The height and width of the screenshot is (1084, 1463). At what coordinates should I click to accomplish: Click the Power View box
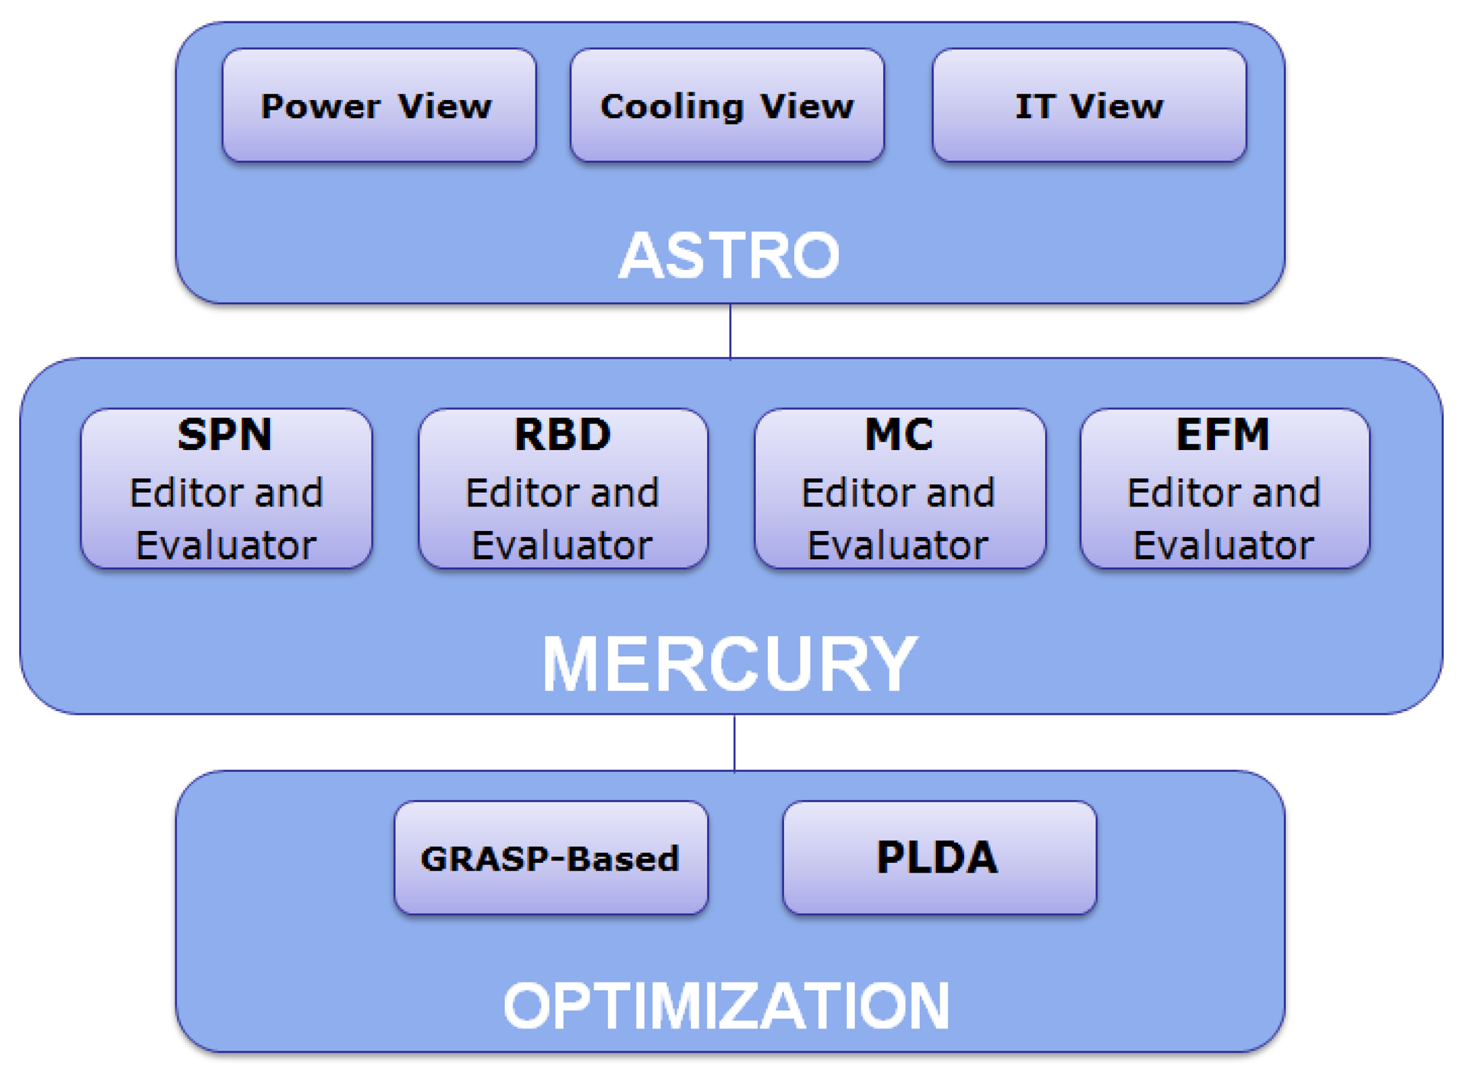378,105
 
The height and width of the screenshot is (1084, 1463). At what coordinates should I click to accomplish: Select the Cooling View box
726,105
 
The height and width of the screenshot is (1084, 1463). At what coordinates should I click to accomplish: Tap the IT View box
1088,105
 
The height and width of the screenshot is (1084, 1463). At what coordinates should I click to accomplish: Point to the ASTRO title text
728,256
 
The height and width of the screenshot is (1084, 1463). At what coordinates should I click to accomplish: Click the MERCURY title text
728,664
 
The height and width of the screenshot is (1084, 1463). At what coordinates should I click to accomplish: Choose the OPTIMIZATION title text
726,1005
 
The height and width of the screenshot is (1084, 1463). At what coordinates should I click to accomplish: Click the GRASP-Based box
550,857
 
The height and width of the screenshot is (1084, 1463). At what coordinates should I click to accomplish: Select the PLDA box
938,857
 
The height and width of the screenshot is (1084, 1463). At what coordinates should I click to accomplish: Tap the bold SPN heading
225,435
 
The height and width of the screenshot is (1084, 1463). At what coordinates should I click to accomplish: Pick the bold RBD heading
562,435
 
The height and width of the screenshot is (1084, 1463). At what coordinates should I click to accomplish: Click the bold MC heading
899,435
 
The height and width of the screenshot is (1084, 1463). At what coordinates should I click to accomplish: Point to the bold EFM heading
1223,435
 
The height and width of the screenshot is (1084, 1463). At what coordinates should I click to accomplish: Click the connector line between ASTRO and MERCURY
730,331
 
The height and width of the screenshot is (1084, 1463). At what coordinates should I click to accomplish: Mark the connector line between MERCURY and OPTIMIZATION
734,742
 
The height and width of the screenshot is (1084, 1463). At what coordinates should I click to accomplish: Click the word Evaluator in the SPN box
226,545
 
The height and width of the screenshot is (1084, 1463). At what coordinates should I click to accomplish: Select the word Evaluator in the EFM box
1223,545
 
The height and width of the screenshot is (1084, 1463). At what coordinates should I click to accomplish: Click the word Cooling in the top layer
671,107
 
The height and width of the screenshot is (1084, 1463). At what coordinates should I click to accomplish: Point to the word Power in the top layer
320,107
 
